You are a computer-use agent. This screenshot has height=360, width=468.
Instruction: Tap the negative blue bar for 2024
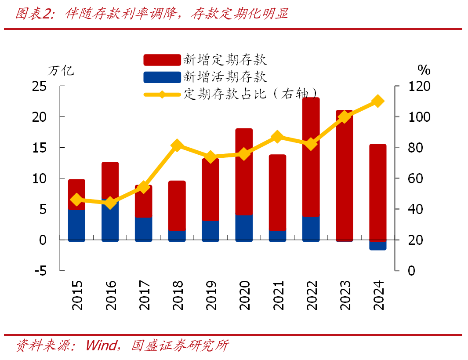pos(378,246)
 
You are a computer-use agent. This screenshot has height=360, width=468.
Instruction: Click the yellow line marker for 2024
pos(378,102)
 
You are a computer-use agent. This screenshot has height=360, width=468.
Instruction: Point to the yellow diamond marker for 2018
pos(177,145)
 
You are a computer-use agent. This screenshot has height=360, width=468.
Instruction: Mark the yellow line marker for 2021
pos(277,137)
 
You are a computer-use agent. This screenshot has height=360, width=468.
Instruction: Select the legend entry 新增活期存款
pos(225,77)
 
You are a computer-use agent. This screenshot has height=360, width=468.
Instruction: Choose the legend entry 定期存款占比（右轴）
pos(250,94)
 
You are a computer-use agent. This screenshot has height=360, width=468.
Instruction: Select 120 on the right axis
pos(417,86)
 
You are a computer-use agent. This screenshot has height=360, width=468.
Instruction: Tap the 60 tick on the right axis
pos(413,178)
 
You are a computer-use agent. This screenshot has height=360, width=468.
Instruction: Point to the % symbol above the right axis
pos(424,70)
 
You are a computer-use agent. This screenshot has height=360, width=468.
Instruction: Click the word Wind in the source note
pos(101,345)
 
